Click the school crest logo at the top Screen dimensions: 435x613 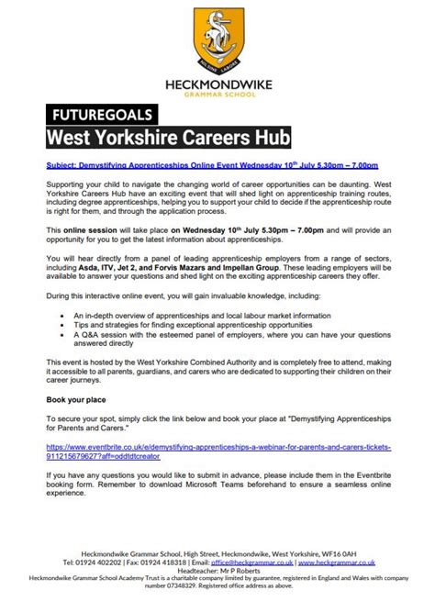(217, 36)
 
